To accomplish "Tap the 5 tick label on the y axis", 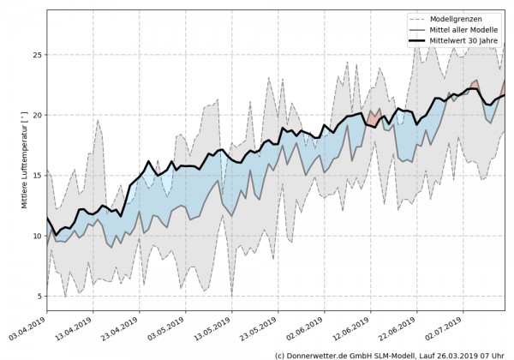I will pos(39,297).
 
